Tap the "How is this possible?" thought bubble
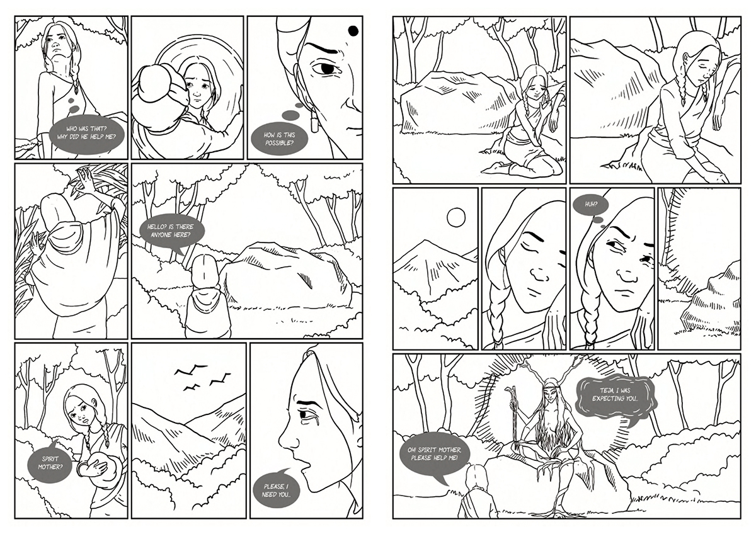click(279, 139)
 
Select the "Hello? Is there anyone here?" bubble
click(172, 231)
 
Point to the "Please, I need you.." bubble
click(277, 490)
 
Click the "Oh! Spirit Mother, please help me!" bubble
click(434, 455)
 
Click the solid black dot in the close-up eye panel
click(353, 31)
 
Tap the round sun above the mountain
click(456, 217)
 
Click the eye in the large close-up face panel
click(325, 69)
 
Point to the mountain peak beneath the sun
click(426, 242)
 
